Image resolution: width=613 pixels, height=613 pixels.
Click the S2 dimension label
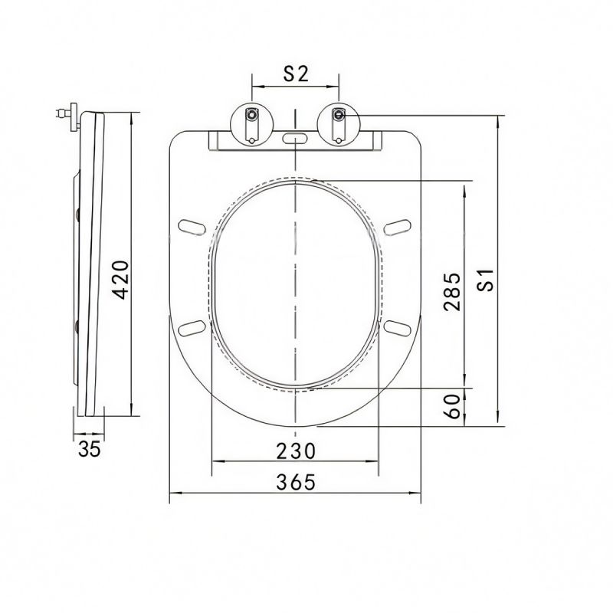(x=296, y=74)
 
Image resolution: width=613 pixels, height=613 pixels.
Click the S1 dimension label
(x=486, y=280)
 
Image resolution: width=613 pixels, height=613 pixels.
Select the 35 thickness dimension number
(x=90, y=449)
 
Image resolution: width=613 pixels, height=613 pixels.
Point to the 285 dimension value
(x=452, y=292)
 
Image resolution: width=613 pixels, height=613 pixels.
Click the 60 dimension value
(x=453, y=407)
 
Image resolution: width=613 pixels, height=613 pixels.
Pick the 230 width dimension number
(x=296, y=451)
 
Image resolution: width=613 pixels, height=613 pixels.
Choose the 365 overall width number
(x=296, y=482)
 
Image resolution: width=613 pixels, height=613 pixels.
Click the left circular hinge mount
(x=252, y=124)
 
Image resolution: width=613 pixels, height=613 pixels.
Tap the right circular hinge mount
(x=339, y=124)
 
